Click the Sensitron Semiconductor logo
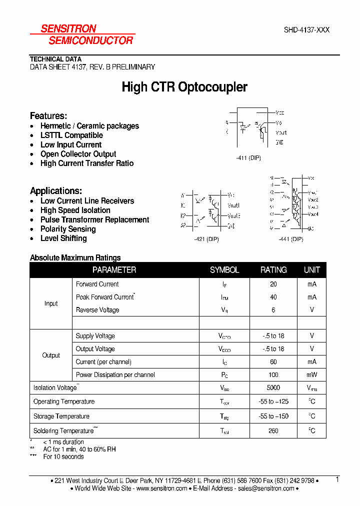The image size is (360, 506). point(82,34)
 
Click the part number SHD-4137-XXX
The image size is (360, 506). point(306,30)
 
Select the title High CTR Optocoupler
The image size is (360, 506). point(184,87)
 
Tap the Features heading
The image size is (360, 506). point(48,115)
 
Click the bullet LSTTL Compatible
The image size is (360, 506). point(71,135)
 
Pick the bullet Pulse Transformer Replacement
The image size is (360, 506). point(94,220)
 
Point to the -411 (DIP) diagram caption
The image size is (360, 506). point(248,157)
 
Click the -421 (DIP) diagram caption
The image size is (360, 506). point(206,239)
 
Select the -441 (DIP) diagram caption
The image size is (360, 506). point(290,239)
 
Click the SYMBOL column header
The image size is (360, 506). point(224,270)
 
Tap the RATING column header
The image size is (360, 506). point(273,270)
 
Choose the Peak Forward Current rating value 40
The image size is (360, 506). point(273,297)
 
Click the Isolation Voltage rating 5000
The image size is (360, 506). point(273,387)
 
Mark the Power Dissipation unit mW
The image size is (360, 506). point(312,374)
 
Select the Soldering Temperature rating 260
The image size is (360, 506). point(273,430)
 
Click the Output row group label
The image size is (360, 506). point(51,355)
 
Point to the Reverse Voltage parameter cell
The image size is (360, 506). point(97,310)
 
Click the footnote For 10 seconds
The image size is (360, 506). point(63,456)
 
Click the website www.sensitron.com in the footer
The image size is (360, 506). point(161,488)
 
